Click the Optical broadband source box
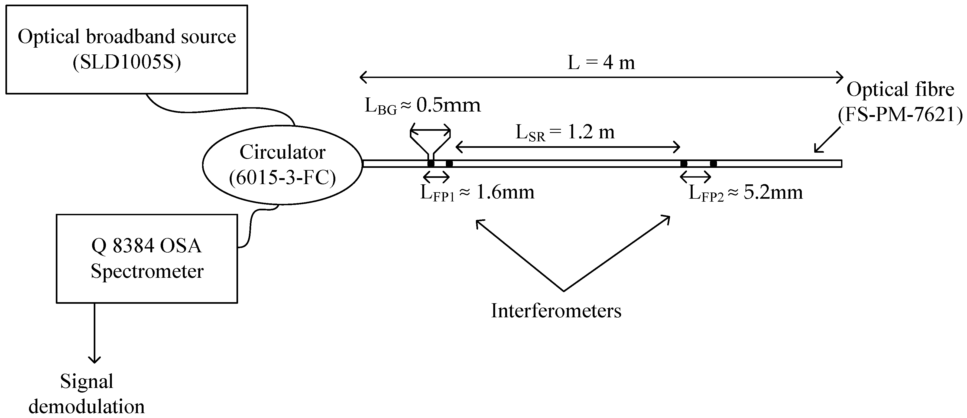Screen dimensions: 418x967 point(126,22)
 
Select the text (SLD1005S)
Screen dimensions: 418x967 point(127,63)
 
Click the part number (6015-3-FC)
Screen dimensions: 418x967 point(282,178)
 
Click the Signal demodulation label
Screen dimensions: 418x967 point(87,394)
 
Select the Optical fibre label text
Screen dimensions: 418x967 point(900,89)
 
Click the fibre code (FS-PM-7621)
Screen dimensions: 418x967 point(900,115)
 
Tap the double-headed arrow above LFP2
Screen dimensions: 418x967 point(696,176)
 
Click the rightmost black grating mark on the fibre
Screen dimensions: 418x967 point(713,164)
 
